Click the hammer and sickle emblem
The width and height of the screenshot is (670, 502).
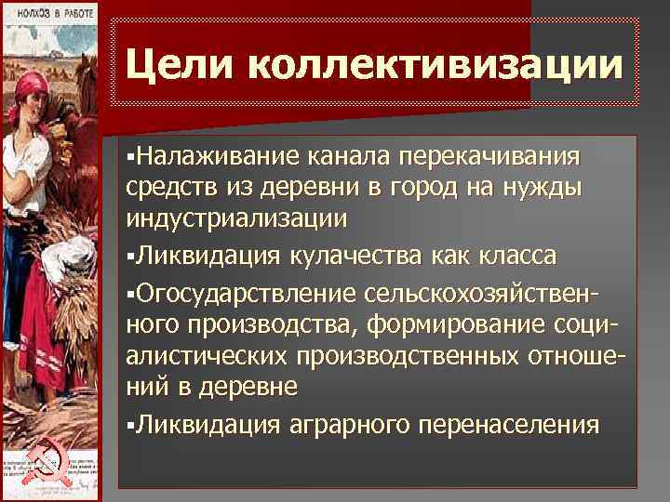pos(41,461)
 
